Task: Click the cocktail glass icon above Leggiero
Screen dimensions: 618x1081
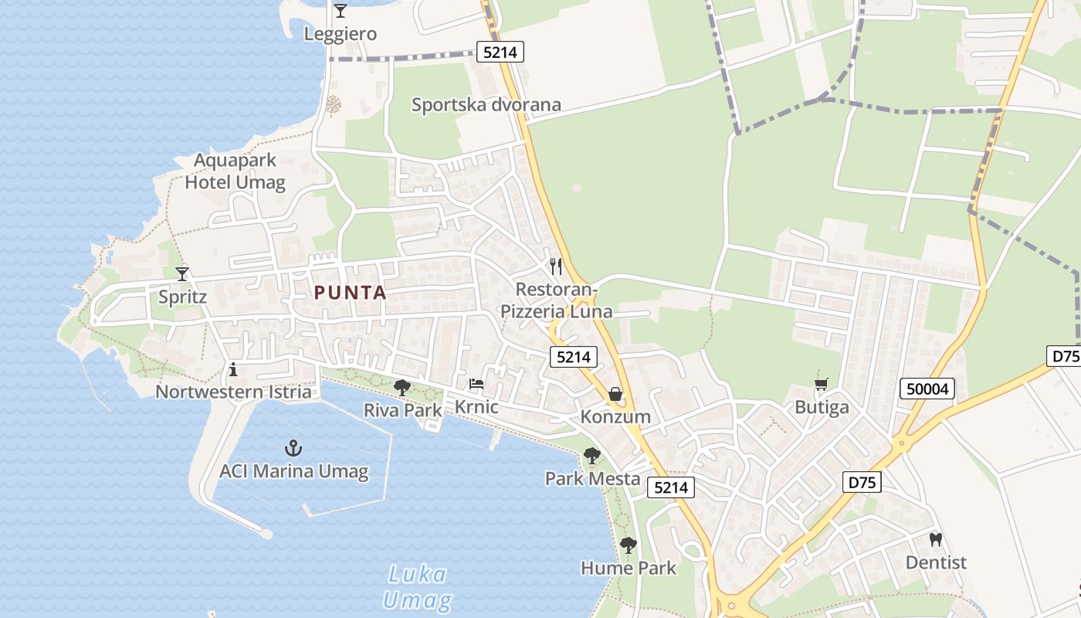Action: (x=340, y=11)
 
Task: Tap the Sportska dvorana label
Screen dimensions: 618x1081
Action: (x=486, y=105)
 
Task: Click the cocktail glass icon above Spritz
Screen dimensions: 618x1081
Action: (x=182, y=273)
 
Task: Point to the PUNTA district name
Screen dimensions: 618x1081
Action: (x=350, y=293)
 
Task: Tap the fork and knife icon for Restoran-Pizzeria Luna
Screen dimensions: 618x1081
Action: (x=556, y=267)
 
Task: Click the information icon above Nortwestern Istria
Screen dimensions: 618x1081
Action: (x=233, y=370)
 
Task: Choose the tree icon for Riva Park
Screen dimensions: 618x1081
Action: (x=402, y=388)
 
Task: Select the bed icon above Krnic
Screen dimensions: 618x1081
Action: (x=476, y=384)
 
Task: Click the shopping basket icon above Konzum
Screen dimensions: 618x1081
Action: (x=615, y=395)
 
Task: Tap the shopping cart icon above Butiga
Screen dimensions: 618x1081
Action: (x=822, y=384)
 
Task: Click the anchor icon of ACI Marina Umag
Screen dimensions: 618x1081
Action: (x=293, y=447)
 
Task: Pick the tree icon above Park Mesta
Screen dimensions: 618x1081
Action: (x=592, y=456)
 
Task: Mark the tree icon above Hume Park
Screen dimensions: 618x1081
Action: (x=629, y=545)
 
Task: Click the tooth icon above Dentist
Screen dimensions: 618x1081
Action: (x=936, y=539)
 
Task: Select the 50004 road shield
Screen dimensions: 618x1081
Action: (x=927, y=389)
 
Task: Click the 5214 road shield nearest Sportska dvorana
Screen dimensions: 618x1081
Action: (x=500, y=53)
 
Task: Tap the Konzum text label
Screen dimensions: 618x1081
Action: (x=615, y=417)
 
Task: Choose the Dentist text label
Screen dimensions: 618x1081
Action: (x=936, y=562)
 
